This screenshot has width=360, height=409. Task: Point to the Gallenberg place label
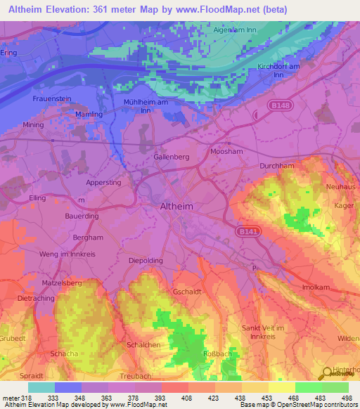(172, 157)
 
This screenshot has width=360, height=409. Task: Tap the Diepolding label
(146, 260)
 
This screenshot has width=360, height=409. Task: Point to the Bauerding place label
(82, 216)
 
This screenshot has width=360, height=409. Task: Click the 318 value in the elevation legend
(27, 398)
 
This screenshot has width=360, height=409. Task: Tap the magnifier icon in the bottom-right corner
(328, 373)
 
